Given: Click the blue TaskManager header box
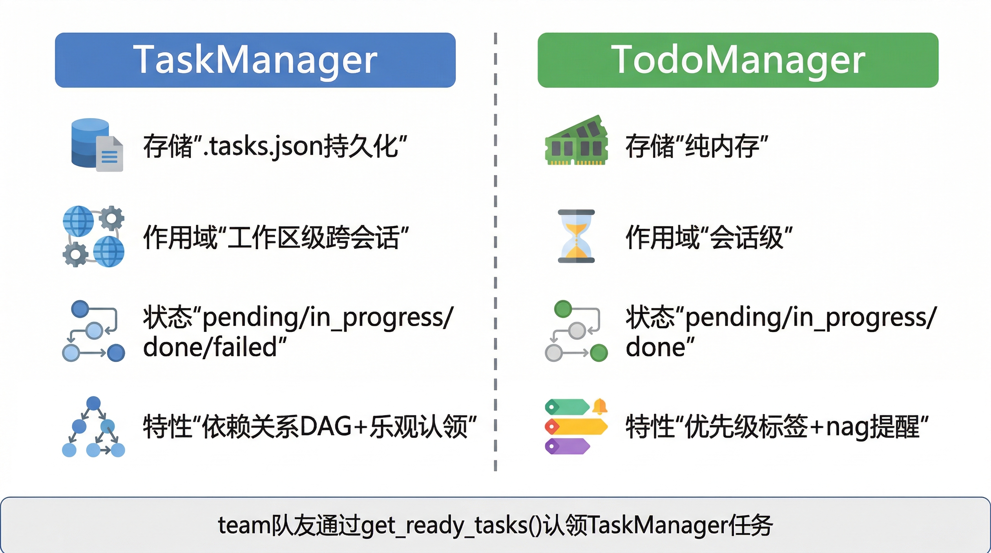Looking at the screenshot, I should [x=255, y=60].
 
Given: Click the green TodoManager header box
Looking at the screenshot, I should [x=738, y=60].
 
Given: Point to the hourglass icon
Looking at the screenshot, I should [x=576, y=236].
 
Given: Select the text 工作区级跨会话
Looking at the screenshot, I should [x=314, y=237].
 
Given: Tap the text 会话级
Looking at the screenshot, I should [x=746, y=237].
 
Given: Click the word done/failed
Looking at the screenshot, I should [x=210, y=347].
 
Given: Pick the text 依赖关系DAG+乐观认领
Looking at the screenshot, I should [x=335, y=427].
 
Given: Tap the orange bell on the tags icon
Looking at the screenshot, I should [x=600, y=406].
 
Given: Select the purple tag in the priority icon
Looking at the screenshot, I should [x=568, y=446].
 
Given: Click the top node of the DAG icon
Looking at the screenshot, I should [x=94, y=403].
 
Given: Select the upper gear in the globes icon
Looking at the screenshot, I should [x=112, y=218].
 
